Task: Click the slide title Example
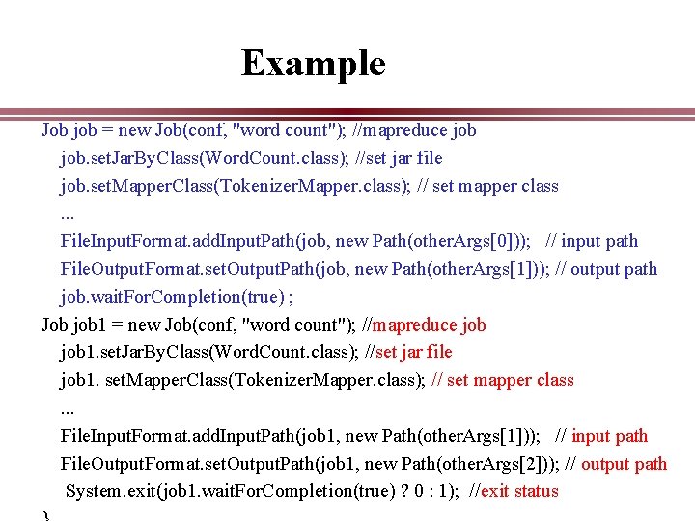coord(313,64)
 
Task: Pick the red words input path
coord(610,435)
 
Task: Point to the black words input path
coord(599,241)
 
